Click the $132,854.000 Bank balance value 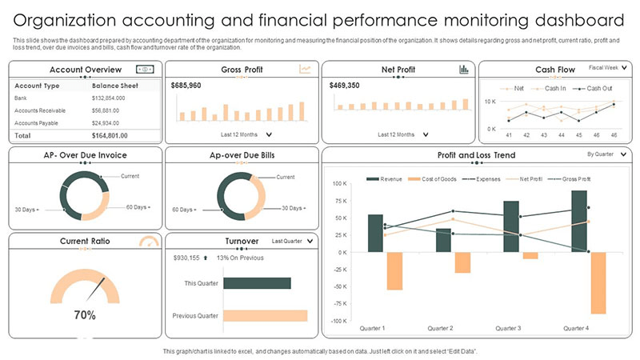[114, 98]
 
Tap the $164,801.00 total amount [114, 137]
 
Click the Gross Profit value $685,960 [186, 85]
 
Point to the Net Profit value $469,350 [344, 85]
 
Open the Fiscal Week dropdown [607, 69]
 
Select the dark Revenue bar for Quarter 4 [579, 221]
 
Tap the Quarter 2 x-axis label [441, 328]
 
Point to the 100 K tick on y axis [339, 183]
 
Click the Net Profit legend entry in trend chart [533, 179]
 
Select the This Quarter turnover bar [256, 282]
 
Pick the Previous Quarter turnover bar [265, 315]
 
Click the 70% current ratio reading [85, 315]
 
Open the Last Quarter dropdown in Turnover [293, 240]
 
